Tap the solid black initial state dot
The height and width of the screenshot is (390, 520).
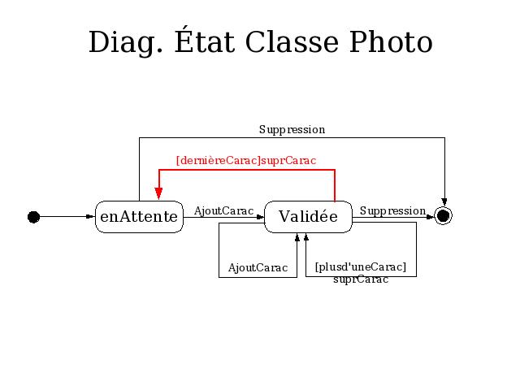(33, 217)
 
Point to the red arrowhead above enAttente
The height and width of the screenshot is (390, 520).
(159, 193)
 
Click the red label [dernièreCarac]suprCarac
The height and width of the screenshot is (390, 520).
(246, 161)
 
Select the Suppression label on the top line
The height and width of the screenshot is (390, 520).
(292, 130)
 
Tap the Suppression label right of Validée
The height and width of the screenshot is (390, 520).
(392, 211)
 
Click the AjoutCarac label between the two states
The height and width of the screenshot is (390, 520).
(224, 211)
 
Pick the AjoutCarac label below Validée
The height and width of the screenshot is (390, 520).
(258, 267)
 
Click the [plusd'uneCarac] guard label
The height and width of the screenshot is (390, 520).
(361, 267)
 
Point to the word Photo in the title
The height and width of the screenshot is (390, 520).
(391, 42)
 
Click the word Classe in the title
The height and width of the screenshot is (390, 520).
(292, 42)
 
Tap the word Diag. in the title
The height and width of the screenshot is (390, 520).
(126, 43)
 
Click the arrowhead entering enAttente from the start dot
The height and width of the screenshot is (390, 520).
(90, 217)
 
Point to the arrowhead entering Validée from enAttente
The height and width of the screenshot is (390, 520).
(260, 217)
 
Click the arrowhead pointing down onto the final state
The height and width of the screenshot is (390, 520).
(444, 202)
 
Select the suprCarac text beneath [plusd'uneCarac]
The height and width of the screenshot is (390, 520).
(361, 279)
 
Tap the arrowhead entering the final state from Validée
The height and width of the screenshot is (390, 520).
(430, 217)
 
